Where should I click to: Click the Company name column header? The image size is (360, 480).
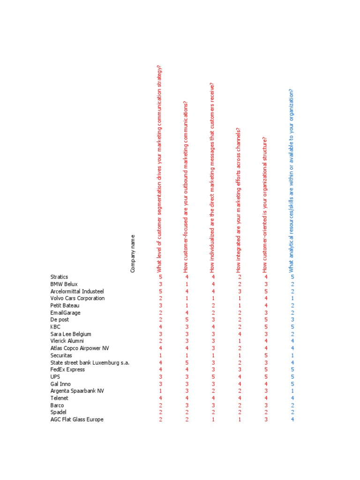(133, 254)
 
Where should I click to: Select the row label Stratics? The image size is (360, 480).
(59, 277)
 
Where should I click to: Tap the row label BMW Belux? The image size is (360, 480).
(64, 284)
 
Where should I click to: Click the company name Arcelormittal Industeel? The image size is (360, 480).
(77, 291)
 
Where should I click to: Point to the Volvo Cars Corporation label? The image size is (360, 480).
(77, 298)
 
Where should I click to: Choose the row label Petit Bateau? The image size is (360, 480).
(65, 306)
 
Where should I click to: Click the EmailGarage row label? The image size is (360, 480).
(65, 313)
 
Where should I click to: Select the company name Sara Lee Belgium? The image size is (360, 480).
(70, 334)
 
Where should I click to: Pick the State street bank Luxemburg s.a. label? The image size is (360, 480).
(90, 362)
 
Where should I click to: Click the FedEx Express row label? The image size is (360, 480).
(67, 369)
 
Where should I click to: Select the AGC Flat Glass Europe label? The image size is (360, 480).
(77, 420)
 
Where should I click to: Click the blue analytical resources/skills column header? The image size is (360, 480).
(292, 180)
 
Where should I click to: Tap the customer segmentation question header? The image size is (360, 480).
(160, 169)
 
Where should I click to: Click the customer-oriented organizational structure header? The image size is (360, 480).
(265, 204)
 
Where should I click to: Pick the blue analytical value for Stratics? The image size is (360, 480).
(292, 277)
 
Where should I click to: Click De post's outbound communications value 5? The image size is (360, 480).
(187, 320)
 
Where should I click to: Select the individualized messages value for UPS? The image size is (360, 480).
(213, 376)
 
